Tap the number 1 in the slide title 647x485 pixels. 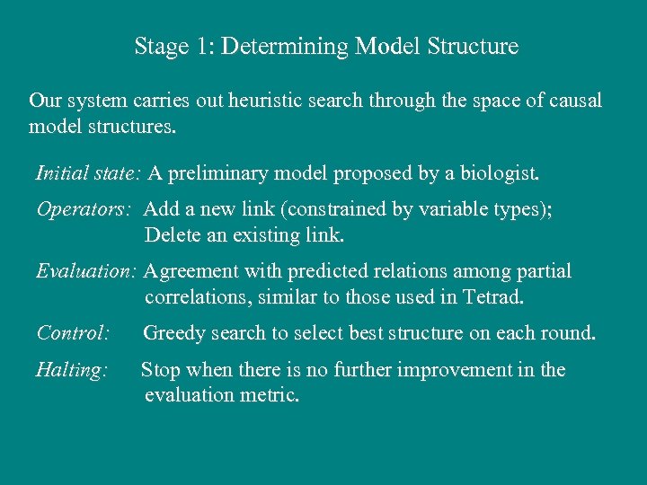coord(200,46)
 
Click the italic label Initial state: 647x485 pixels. coord(89,172)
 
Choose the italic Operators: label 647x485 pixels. coord(84,209)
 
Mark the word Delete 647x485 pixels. coord(173,235)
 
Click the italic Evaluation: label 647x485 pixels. coord(86,271)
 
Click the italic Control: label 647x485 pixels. coord(73,333)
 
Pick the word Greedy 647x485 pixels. coord(173,333)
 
